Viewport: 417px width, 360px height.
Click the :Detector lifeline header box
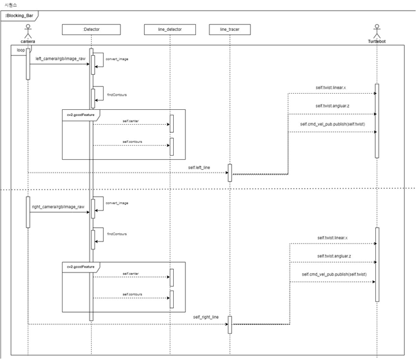(91, 29)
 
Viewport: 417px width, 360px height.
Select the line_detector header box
(170, 29)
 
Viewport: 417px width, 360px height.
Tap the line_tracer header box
(229, 29)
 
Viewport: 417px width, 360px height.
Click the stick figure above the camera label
(28, 31)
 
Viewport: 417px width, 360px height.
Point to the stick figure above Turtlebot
(376, 31)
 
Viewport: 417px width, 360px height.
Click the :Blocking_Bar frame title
(19, 15)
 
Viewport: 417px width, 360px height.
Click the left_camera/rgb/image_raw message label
(60, 59)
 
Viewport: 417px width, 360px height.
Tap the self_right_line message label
(206, 317)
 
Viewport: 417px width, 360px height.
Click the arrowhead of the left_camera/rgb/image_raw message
(88, 65)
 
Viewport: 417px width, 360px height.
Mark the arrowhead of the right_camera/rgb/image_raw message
(88, 212)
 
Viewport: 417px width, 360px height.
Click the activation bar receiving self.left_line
(230, 173)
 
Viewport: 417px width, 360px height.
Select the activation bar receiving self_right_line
(230, 324)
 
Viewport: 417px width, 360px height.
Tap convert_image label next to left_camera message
(117, 59)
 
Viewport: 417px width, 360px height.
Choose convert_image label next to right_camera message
(117, 203)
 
